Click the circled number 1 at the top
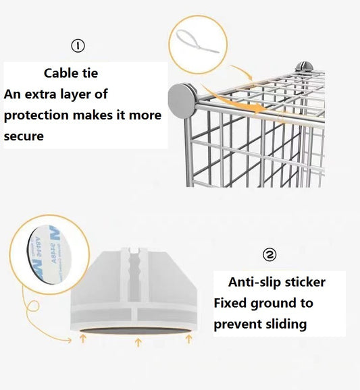coord(78,46)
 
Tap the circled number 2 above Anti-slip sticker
coord(269,254)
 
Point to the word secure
coord(24,136)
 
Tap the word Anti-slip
coord(255,282)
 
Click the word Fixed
coord(230,303)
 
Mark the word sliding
coord(283,324)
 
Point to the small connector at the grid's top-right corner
coord(305,67)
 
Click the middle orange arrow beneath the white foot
coord(138,341)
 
